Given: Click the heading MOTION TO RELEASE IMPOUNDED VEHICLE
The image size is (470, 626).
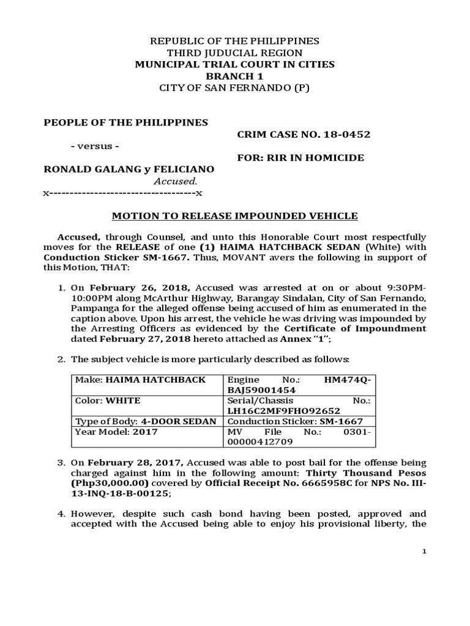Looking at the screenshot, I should point(235,216).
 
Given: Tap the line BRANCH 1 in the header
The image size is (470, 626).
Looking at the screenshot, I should point(235,76).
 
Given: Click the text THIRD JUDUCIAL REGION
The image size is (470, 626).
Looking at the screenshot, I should point(235,53).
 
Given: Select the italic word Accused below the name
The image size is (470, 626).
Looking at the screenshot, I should point(176,181).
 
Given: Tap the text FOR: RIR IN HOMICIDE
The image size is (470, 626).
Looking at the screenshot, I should point(300,158).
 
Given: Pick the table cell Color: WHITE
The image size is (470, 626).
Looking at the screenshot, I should point(108,400).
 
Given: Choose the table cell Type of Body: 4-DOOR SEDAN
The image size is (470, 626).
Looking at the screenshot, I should point(146,421).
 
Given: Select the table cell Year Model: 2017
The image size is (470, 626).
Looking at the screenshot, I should point(116,432).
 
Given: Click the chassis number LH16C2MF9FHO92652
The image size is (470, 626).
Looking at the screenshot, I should point(283,411).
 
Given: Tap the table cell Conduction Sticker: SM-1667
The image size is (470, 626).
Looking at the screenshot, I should point(295,421).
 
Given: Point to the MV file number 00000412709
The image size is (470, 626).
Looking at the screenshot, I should point(260,441).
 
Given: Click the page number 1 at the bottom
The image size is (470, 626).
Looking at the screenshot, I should point(424,552).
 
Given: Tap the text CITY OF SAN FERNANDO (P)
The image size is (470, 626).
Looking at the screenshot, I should point(235,87).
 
